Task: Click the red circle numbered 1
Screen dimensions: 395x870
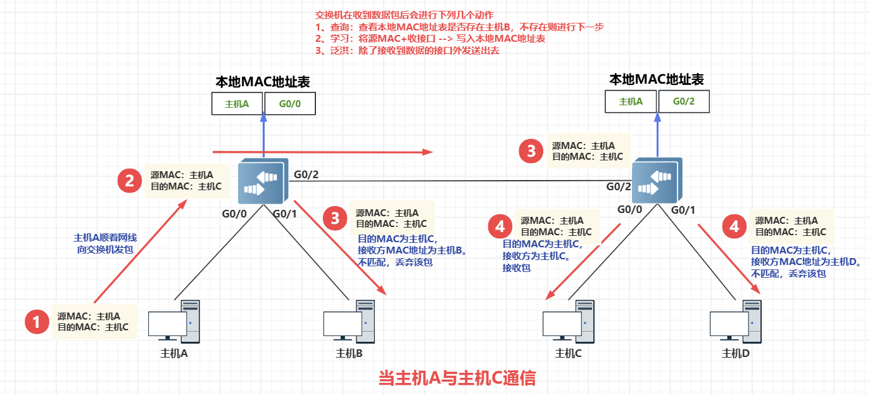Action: click(37, 322)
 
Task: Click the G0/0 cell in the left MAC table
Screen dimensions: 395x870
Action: click(289, 103)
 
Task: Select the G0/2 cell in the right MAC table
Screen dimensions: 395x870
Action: click(684, 101)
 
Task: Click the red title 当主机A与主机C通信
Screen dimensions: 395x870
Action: click(457, 379)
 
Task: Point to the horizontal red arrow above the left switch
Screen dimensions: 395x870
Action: click(322, 152)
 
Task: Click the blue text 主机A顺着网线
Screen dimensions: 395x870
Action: click(105, 238)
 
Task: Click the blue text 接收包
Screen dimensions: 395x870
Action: click(517, 268)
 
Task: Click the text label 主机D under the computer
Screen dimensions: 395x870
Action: click(736, 353)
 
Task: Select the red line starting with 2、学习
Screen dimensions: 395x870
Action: click(431, 39)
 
